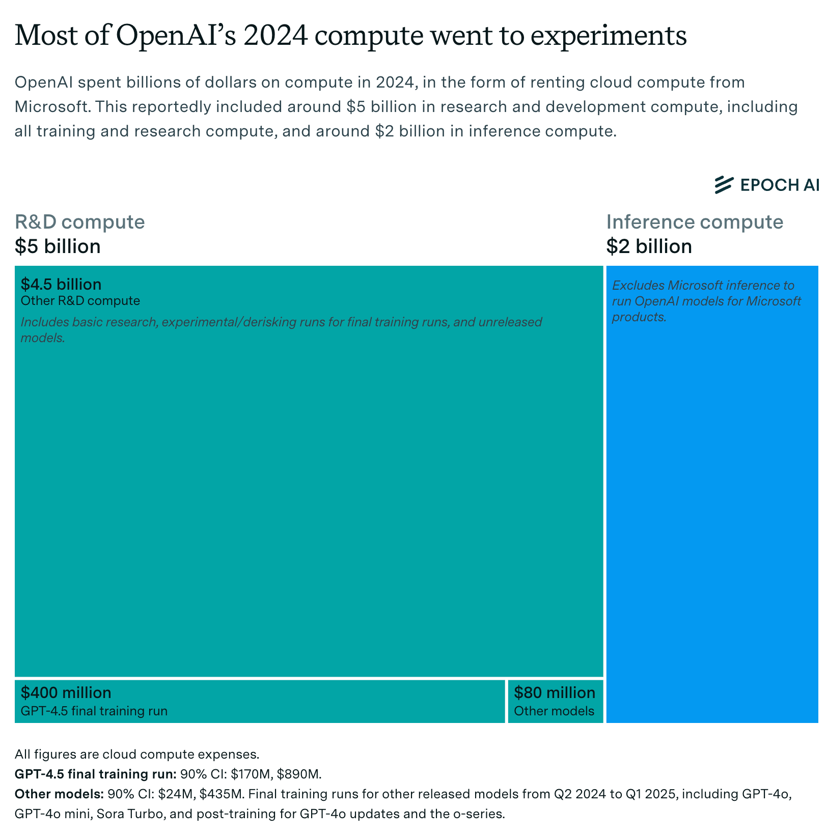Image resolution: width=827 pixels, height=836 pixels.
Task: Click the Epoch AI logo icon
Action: click(724, 185)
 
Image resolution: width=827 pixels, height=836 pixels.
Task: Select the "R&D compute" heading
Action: click(79, 222)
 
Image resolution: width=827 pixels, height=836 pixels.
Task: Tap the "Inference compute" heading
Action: click(694, 222)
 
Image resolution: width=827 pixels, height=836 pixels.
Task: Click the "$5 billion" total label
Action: click(58, 246)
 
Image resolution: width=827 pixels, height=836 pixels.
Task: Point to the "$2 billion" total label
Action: click(649, 246)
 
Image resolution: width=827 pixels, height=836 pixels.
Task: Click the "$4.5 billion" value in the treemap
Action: click(61, 284)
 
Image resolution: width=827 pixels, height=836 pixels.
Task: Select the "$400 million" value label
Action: click(66, 692)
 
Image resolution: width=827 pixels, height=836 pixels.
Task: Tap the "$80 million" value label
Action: click(554, 692)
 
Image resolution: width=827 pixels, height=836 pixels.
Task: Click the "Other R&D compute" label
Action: click(80, 301)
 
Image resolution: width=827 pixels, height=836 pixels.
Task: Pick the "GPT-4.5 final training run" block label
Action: click(94, 711)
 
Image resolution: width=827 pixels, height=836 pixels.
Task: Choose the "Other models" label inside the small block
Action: click(554, 711)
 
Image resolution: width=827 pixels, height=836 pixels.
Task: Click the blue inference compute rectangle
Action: click(712, 509)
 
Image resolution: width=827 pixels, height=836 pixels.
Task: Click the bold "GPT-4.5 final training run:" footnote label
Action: click(95, 774)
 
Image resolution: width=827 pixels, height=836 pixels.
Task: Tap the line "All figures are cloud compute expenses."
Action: click(137, 754)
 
